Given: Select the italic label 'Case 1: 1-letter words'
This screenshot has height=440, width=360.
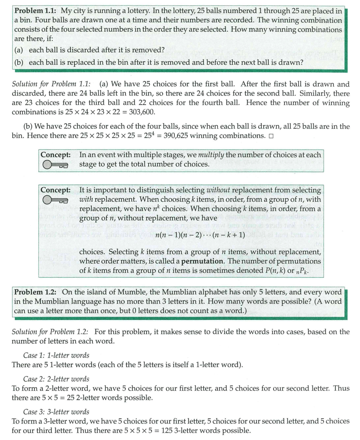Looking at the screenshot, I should [x=56, y=355].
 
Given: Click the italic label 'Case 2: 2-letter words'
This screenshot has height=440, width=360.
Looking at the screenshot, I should [x=56, y=379].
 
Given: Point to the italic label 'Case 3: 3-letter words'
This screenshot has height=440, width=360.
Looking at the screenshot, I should [x=56, y=412].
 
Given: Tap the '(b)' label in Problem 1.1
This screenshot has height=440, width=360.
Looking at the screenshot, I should [x=19, y=62].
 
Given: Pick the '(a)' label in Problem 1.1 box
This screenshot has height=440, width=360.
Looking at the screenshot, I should [x=19, y=49].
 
